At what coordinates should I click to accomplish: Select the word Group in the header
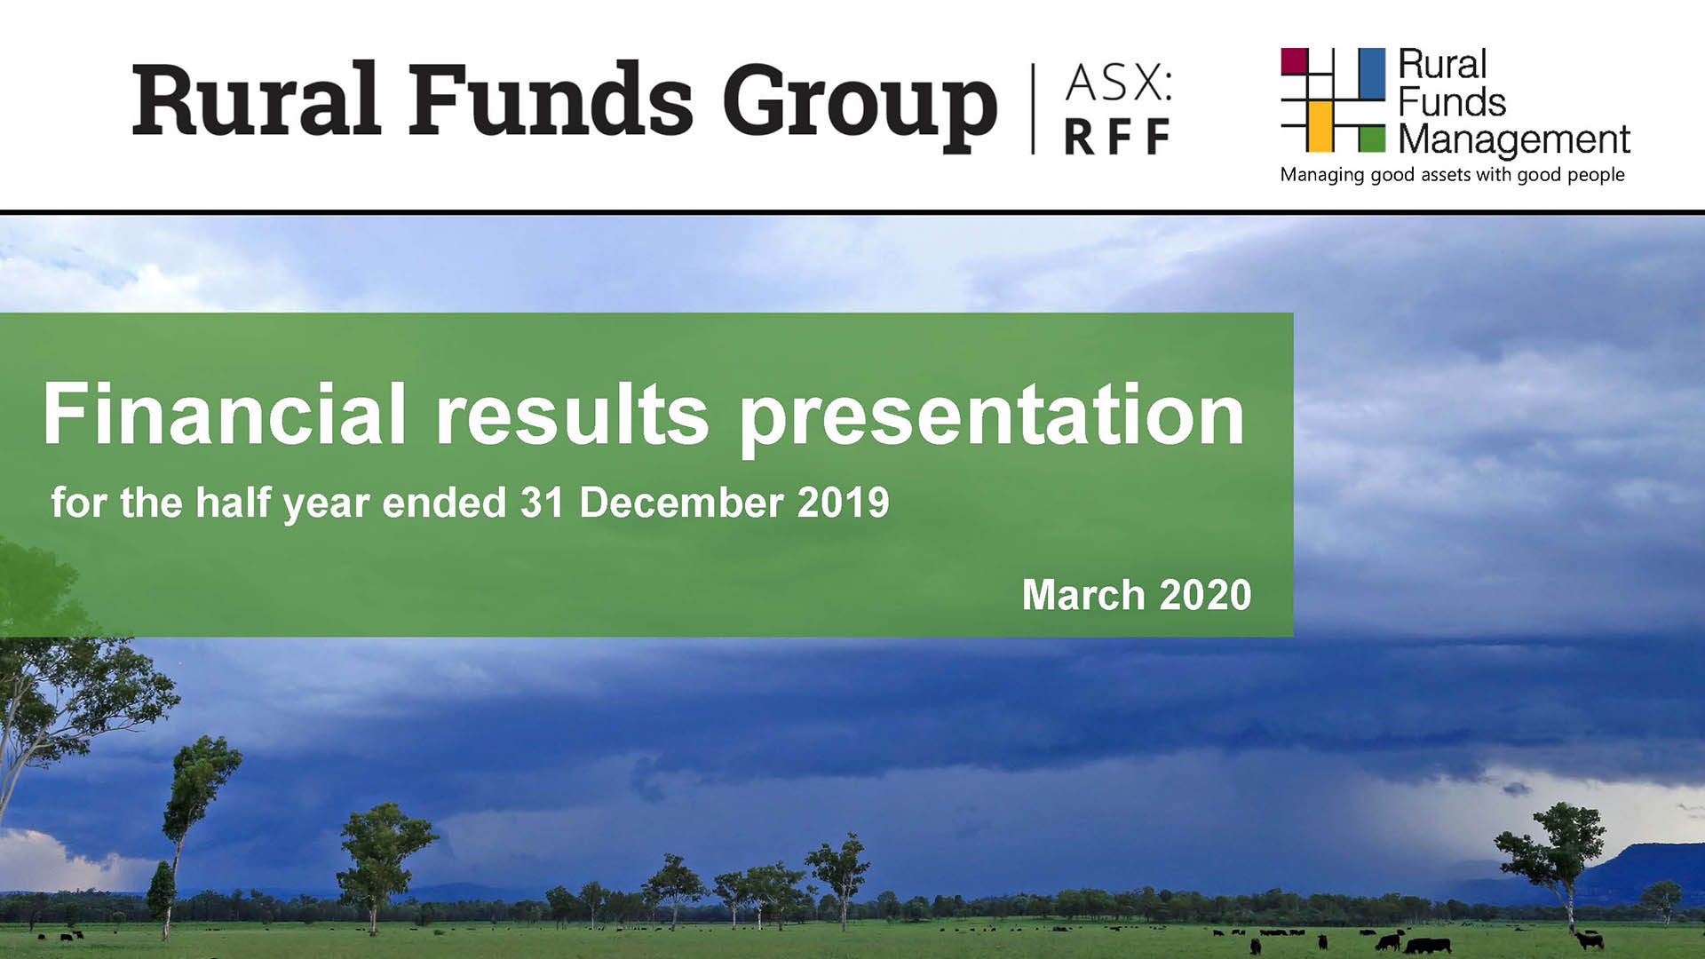(860, 107)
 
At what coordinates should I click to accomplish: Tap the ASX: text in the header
(1119, 83)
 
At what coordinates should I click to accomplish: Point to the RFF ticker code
(1117, 137)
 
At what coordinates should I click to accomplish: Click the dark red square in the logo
(1295, 61)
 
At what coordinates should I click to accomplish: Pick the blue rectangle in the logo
(1372, 72)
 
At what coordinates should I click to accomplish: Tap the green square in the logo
(1372, 139)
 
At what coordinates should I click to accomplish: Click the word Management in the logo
(1514, 140)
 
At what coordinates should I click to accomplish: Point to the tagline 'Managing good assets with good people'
(1452, 175)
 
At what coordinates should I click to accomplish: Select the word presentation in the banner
(992, 417)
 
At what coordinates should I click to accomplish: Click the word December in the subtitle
(682, 503)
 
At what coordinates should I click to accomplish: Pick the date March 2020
(1137, 595)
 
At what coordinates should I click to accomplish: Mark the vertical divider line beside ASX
(1033, 108)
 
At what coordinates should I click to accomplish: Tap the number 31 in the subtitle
(543, 503)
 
